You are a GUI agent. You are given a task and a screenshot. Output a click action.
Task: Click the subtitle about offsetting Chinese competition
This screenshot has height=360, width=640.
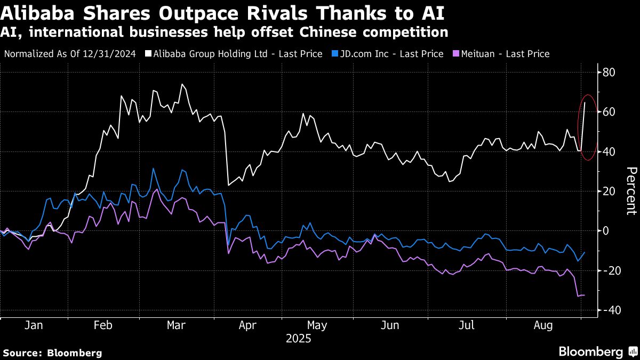click(x=224, y=32)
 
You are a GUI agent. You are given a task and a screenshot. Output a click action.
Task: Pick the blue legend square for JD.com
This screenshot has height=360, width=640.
click(x=334, y=54)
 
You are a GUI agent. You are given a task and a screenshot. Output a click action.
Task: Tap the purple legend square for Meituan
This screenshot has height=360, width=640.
click(x=456, y=54)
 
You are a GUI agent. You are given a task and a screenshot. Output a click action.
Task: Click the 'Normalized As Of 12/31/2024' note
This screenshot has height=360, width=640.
click(x=69, y=54)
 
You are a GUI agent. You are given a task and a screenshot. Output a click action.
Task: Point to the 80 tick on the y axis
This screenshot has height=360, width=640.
click(x=610, y=73)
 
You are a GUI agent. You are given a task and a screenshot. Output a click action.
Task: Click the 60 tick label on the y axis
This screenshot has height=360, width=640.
click(x=610, y=112)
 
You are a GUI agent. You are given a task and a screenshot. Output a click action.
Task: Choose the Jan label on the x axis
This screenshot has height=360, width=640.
click(x=33, y=325)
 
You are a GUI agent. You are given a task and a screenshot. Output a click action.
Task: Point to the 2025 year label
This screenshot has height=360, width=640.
click(x=299, y=339)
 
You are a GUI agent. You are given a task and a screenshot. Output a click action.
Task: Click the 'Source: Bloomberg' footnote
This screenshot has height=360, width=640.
click(x=52, y=353)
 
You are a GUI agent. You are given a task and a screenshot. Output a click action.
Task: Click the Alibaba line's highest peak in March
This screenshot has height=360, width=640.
click(x=182, y=84)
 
